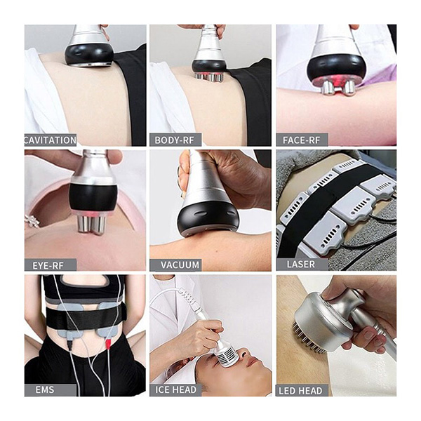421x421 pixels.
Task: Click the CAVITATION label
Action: pyautogui.click(x=51, y=140)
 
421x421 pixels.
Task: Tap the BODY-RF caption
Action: pyautogui.click(x=174, y=140)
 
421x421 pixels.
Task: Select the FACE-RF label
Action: pyautogui.click(x=301, y=140)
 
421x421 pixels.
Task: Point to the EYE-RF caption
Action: pyautogui.click(x=48, y=265)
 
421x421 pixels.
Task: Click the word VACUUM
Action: pyautogui.click(x=180, y=265)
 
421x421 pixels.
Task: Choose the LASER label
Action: pyautogui.click(x=301, y=265)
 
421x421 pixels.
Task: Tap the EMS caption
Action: pyautogui.click(x=45, y=389)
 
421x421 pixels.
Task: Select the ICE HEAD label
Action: pyautogui.click(x=176, y=389)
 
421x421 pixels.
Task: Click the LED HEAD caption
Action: pyautogui.click(x=300, y=391)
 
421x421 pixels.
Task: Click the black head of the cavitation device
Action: pyautogui.click(x=89, y=55)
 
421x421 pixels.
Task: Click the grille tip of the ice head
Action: pyautogui.click(x=226, y=356)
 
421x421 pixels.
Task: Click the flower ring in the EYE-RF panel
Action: pyautogui.click(x=32, y=221)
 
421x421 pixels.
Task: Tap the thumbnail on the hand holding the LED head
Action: pyautogui.click(x=368, y=335)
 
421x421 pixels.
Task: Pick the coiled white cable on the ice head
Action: pyautogui.click(x=189, y=298)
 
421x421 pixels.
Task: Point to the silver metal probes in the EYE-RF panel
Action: pyautogui.click(x=91, y=224)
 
